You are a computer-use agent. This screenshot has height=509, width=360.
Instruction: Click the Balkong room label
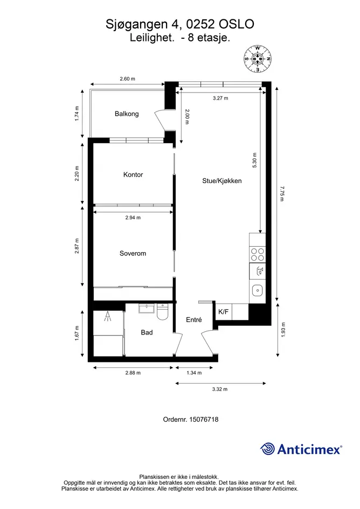click(x=127, y=114)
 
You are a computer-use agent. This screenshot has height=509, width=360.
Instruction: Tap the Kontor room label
click(x=133, y=175)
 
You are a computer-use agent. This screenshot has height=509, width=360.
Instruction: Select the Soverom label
click(x=133, y=254)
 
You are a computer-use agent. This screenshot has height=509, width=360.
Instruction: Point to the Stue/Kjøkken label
click(x=222, y=181)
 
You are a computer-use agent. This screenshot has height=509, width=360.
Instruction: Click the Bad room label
click(x=147, y=332)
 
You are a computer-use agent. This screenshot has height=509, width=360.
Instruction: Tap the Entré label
click(x=194, y=320)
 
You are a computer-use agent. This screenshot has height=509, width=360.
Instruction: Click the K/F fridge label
click(x=224, y=312)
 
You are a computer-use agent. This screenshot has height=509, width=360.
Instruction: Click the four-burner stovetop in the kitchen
click(x=258, y=254)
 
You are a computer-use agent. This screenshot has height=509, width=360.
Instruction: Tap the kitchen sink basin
click(x=258, y=290)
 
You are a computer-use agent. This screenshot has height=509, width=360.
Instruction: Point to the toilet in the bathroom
click(x=162, y=312)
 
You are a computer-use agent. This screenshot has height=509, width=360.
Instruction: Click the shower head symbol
click(x=108, y=316)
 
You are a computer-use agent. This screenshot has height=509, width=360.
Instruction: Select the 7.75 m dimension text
click(x=282, y=193)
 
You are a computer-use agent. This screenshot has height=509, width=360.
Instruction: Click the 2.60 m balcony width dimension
click(x=127, y=79)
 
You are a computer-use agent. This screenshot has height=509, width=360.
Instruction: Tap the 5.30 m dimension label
click(x=254, y=161)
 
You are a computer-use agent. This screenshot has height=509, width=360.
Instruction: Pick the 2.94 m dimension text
click(x=133, y=218)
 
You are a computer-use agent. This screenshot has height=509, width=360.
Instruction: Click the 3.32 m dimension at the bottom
click(x=220, y=389)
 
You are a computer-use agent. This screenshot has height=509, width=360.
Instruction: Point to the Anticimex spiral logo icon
click(x=267, y=449)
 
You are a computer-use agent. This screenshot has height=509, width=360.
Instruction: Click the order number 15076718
click(x=204, y=420)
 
